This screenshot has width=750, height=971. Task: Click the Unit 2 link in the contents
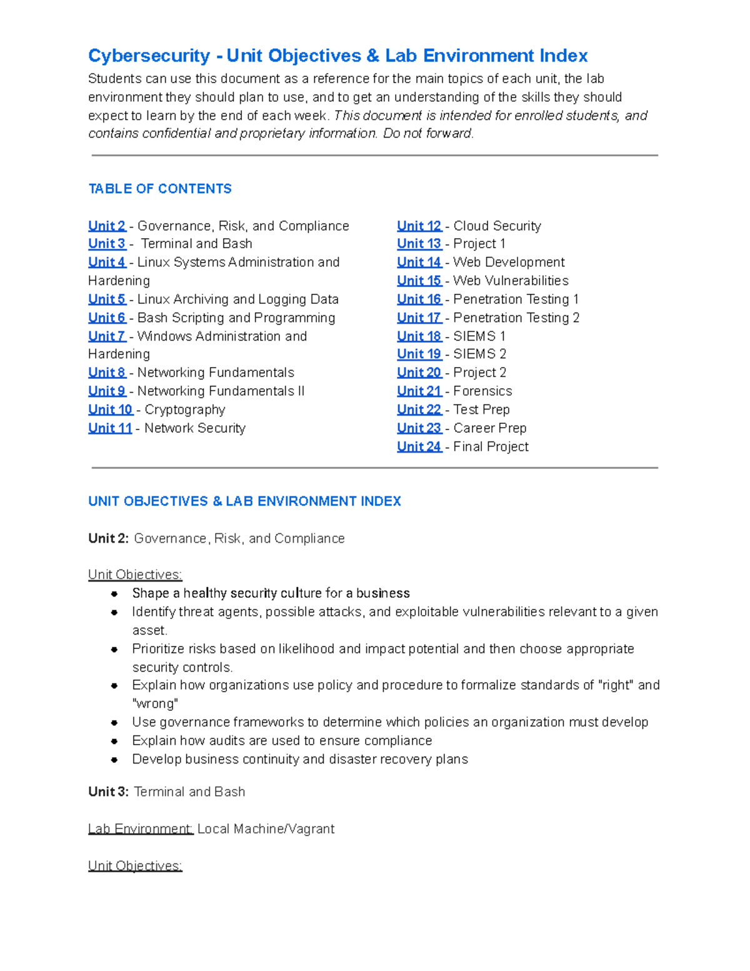pos(107,226)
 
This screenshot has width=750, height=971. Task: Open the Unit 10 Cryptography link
pos(110,410)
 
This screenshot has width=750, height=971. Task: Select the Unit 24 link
pos(419,446)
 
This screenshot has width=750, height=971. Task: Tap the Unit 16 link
pos(419,299)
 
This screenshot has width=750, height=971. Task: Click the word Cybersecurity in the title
pos(149,56)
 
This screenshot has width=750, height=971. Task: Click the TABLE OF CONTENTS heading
pos(160,189)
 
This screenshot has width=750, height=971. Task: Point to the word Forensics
pos(482,391)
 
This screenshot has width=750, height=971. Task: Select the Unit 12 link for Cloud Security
pos(419,226)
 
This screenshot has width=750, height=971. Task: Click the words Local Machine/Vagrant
pos(266,829)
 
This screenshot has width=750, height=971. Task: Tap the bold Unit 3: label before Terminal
pos(109,792)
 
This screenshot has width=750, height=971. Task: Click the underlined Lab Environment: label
pos(141,829)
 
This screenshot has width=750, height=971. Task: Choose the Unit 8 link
pos(107,373)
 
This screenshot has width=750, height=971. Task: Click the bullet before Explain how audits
pos(114,741)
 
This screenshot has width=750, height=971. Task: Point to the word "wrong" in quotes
pos(156,704)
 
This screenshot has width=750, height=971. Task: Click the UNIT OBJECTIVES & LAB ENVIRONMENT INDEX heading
pos(244,501)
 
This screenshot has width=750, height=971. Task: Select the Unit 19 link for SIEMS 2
pos(419,355)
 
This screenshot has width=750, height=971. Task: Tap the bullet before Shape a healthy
pos(114,593)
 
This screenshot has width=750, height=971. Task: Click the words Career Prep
pos(490,428)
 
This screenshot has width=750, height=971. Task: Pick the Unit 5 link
pos(107,299)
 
